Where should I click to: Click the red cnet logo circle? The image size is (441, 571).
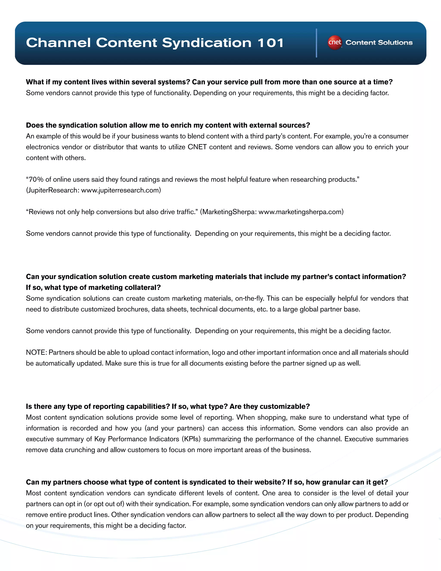(x=335, y=42)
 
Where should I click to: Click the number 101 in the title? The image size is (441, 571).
(x=271, y=43)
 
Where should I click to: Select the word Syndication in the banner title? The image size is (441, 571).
(x=206, y=43)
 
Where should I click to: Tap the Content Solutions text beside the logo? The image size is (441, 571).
(x=379, y=43)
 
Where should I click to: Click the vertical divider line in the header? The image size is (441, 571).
(x=316, y=43)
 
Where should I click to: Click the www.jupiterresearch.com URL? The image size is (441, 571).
(x=121, y=190)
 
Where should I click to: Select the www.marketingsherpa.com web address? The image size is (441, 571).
(x=301, y=212)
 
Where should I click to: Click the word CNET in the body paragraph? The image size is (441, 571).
(x=197, y=147)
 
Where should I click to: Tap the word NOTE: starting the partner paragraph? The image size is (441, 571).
(x=36, y=353)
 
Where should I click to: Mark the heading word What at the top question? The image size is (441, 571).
(x=35, y=82)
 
